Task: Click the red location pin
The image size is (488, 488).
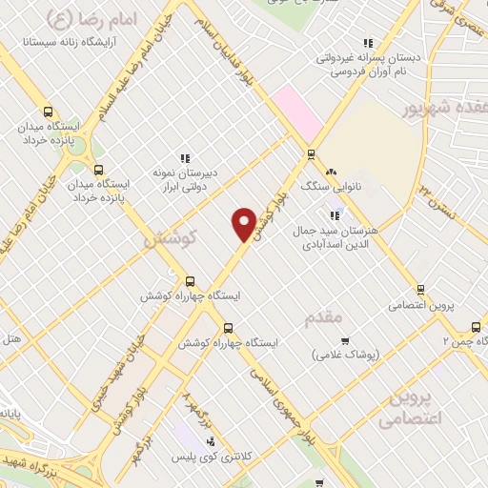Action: coord(244,223)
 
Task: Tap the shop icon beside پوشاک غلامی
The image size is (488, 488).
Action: coord(345,340)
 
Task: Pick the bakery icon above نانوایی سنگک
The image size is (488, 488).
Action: coord(331,172)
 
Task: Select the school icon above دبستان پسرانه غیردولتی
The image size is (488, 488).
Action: coord(368,43)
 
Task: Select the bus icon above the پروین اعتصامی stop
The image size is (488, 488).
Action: coord(419,290)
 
